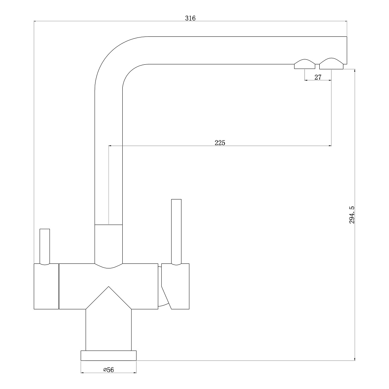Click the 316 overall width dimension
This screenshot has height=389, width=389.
tap(190, 18)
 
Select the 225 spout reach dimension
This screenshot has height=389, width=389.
tap(220, 143)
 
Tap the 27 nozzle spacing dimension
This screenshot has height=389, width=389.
tap(318, 77)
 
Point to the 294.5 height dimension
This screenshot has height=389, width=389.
tap(352, 215)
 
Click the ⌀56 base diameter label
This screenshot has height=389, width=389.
tap(109, 370)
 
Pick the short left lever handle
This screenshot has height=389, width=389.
tap(45, 246)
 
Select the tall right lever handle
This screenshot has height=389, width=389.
tap(176, 232)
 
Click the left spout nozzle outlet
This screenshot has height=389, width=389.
tap(304, 64)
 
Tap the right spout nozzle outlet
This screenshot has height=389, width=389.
tap(331, 64)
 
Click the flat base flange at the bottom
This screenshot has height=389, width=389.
tap(109, 355)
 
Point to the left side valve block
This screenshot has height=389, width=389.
tap(46, 286)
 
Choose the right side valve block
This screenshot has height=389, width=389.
tap(175, 286)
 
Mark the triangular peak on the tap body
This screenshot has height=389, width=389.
tap(109, 287)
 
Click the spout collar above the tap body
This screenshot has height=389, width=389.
tap(109, 244)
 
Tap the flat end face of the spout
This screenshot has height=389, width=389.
tap(347, 50)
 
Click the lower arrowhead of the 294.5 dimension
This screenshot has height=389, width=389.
tap(355, 359)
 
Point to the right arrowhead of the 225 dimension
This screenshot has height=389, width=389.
tap(330, 146)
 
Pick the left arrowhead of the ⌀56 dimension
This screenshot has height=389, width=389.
tap(83, 373)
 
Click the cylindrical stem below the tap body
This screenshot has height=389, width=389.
tap(109, 330)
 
